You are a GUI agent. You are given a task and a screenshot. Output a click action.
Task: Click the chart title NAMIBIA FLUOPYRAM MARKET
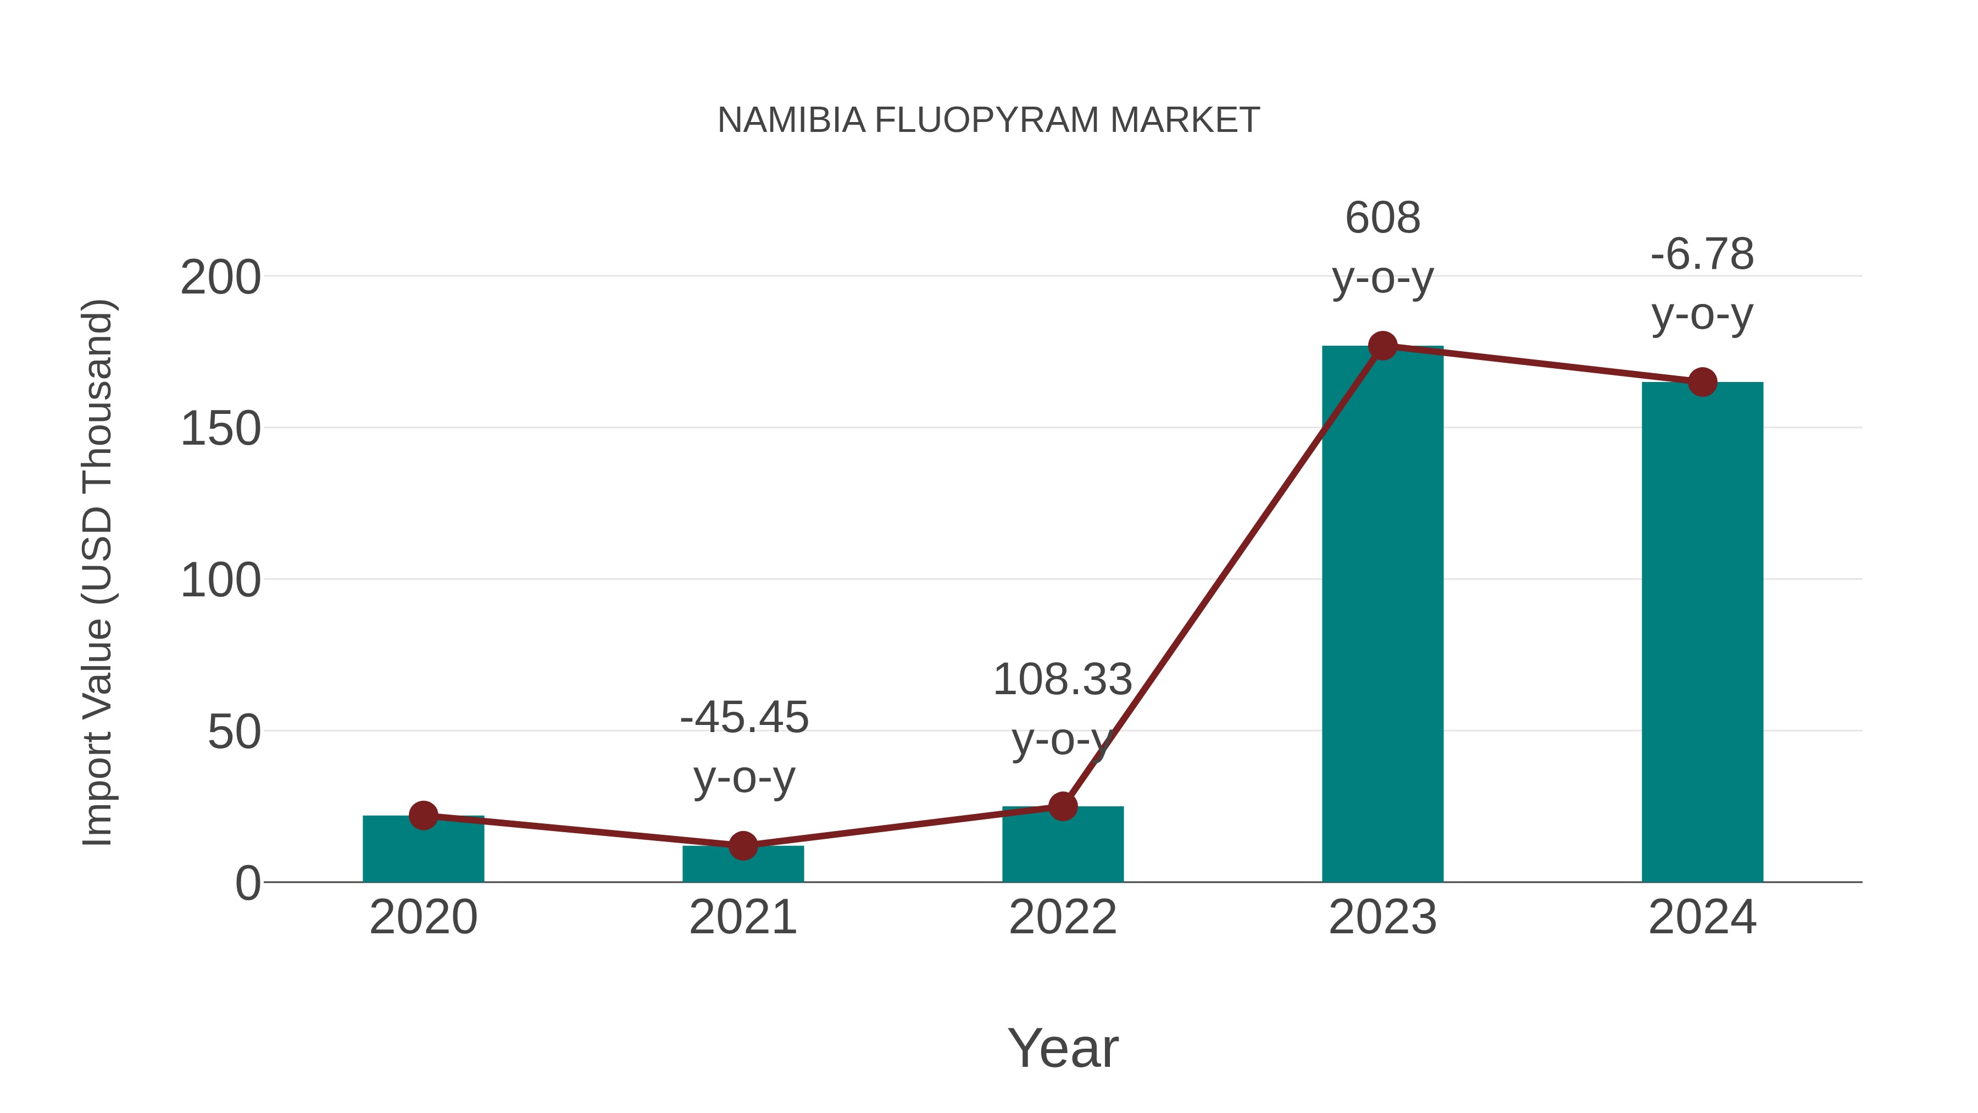(988, 120)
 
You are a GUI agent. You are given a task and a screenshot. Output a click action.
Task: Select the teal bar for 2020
(423, 852)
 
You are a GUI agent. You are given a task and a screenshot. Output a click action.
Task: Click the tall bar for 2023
(1382, 614)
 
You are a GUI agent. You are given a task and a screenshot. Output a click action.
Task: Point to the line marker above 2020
(423, 815)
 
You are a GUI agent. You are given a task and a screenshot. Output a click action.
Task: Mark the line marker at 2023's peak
(1382, 346)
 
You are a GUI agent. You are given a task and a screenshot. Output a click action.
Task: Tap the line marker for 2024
(1702, 382)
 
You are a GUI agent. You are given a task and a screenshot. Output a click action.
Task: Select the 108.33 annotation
(1063, 680)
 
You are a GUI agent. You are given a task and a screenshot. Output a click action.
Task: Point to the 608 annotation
(1382, 218)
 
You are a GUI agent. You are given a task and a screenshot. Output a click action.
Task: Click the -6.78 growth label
(1702, 254)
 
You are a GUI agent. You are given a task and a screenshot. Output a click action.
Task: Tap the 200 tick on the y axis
(220, 278)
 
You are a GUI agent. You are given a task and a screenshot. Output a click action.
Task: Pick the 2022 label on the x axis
(1063, 917)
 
